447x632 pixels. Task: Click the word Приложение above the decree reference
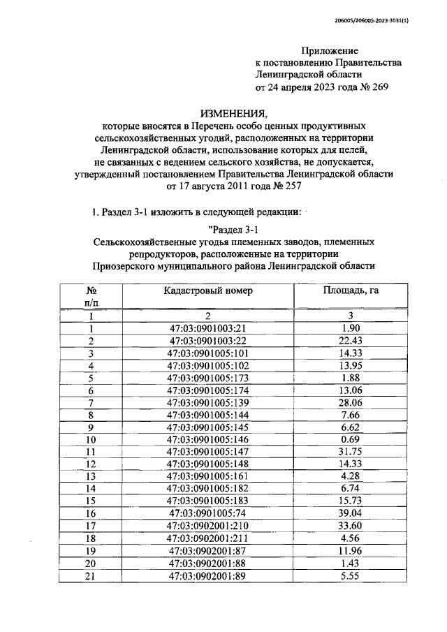click(x=330, y=51)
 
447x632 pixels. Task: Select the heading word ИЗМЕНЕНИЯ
click(x=233, y=113)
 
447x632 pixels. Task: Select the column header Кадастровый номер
click(x=208, y=290)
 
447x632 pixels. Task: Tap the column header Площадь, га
click(x=350, y=290)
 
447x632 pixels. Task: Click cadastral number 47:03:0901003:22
click(x=208, y=340)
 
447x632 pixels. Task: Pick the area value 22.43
click(x=350, y=340)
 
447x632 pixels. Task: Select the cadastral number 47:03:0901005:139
click(x=208, y=403)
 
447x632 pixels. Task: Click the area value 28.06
click(x=350, y=403)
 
